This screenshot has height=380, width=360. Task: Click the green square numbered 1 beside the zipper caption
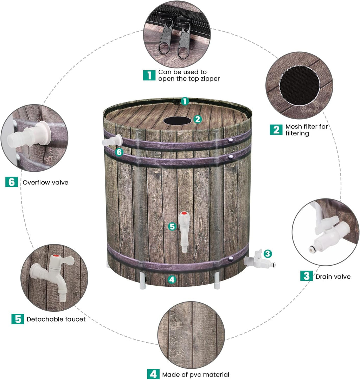point(149,75)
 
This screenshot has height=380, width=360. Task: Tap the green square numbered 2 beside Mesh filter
point(276,129)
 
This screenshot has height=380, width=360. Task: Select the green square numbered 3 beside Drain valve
point(306,276)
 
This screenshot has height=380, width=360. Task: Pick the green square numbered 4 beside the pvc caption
point(153,374)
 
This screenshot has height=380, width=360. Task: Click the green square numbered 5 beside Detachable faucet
point(18,319)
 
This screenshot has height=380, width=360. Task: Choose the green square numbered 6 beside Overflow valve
point(12,182)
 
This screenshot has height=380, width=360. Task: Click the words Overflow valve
point(45,182)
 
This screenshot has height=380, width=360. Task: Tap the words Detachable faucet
point(56,319)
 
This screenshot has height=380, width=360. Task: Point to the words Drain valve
point(333,277)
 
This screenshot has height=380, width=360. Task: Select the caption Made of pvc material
point(195,374)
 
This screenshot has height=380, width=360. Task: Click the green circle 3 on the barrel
point(268,253)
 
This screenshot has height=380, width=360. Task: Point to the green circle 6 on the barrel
point(119,152)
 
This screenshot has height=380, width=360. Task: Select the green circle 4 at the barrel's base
point(171,279)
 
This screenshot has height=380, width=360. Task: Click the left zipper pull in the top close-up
point(166,38)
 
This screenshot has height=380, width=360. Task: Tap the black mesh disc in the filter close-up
point(299,85)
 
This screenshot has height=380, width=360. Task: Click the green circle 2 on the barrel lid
point(198,119)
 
